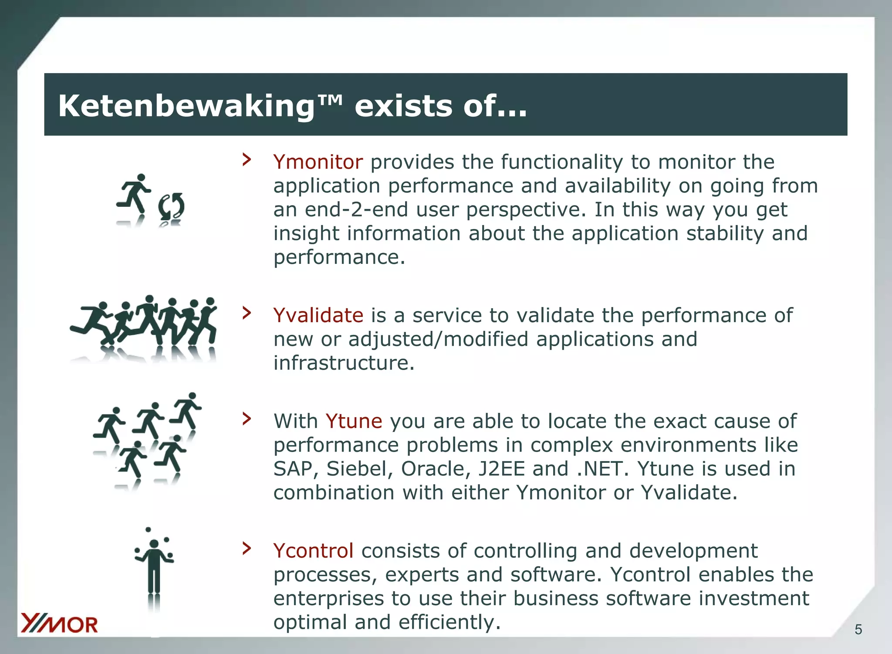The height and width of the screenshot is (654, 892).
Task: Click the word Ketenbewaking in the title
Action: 186,106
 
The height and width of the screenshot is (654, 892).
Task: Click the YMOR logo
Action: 60,624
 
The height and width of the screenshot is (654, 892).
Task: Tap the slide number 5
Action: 858,630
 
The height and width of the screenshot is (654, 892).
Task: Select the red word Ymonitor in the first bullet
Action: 318,162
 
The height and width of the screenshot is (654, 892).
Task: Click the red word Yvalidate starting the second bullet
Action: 318,315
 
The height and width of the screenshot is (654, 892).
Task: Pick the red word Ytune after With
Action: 354,421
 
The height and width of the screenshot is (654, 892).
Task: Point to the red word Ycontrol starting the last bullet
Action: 313,551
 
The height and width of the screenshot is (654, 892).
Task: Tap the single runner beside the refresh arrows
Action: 134,194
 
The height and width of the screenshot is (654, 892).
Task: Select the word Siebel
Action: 359,469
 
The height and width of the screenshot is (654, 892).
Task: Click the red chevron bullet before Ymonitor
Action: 247,159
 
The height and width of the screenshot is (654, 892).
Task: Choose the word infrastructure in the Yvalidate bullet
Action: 344,363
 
